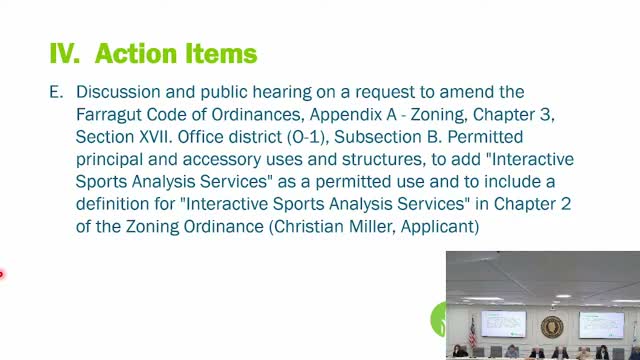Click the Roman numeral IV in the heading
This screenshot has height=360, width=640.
click(65, 52)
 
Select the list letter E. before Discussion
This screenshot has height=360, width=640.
click(56, 91)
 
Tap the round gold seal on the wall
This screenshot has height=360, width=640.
click(551, 327)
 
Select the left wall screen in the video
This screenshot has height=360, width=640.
click(502, 323)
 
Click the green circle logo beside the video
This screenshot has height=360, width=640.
click(438, 320)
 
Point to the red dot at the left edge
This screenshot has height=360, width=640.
click(2, 272)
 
